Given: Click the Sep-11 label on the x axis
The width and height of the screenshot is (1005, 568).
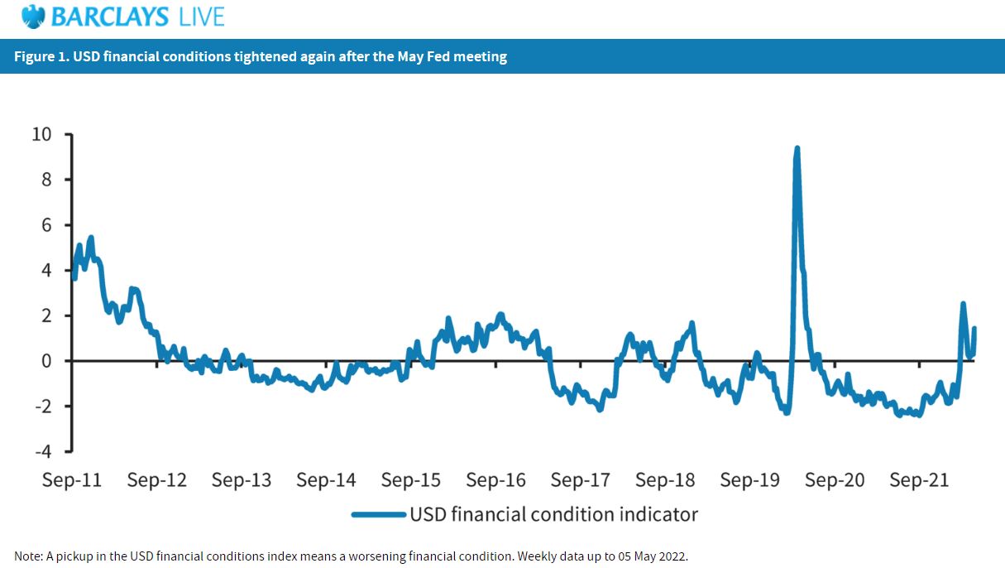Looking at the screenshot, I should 72,480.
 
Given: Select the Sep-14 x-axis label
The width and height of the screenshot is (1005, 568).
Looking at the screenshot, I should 326,480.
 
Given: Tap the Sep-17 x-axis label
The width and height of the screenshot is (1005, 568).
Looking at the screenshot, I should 580,480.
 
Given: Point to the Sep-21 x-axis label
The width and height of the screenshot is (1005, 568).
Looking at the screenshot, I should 918,480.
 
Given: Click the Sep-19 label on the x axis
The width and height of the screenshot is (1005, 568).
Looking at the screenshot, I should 749,480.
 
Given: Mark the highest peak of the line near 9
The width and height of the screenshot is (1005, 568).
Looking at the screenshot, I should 797,149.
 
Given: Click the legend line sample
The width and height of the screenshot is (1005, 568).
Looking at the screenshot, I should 378,514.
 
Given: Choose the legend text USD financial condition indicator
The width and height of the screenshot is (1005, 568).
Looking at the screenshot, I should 553,514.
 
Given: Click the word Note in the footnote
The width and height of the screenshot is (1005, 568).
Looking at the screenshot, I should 27,556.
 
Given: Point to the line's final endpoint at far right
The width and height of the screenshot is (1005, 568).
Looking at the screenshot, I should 974,329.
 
